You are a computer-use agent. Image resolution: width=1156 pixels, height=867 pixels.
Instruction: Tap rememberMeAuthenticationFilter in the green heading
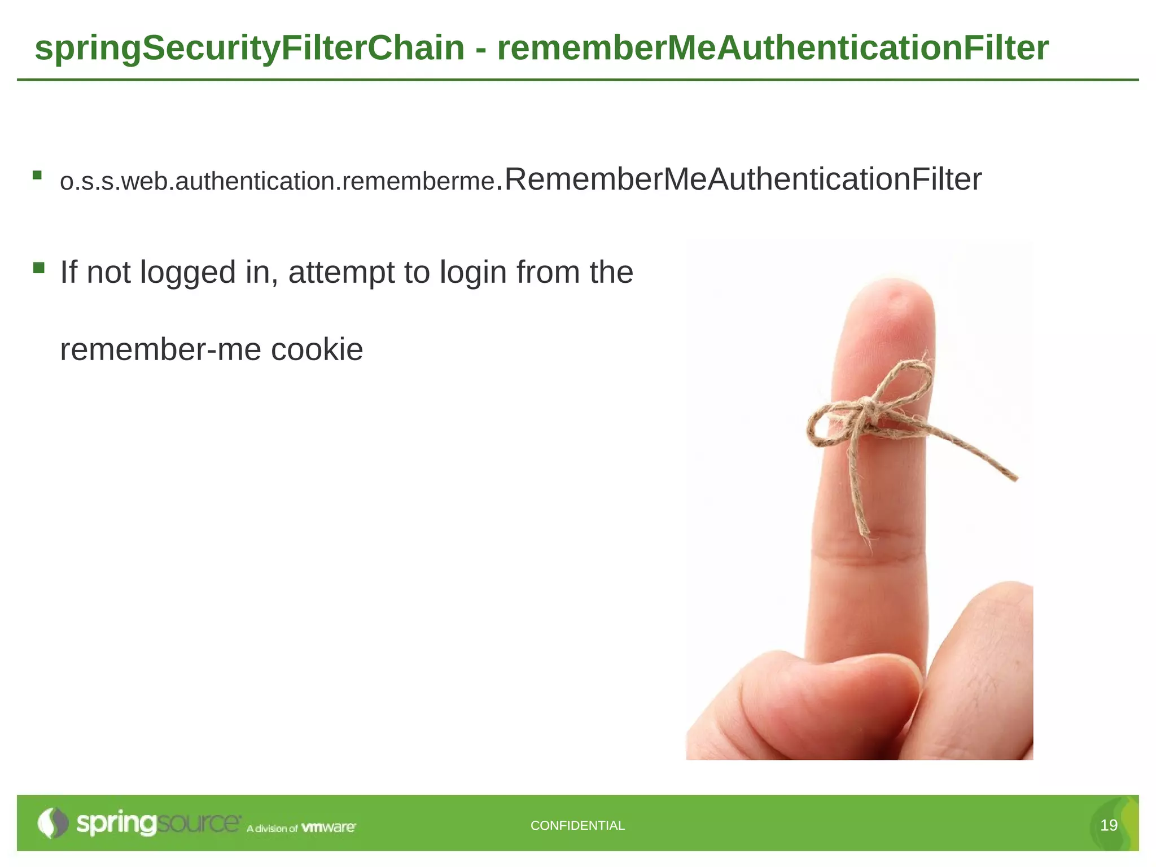point(772,48)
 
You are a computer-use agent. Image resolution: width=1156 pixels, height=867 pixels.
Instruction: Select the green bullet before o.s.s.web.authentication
point(37,175)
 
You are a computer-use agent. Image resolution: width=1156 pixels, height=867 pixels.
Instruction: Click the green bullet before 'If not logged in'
point(38,268)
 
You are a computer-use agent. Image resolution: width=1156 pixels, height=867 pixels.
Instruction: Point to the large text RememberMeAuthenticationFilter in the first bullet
point(742,179)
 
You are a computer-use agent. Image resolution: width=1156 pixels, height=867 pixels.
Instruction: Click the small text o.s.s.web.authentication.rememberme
point(277,182)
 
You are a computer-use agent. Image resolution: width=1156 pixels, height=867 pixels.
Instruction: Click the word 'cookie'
point(317,349)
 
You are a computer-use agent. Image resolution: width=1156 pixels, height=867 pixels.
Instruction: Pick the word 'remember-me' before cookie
point(160,349)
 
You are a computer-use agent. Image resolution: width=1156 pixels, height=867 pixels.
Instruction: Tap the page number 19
point(1109,825)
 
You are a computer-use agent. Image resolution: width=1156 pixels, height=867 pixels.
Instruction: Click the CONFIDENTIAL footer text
point(577,825)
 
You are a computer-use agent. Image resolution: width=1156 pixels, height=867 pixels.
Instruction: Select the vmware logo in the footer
point(329,827)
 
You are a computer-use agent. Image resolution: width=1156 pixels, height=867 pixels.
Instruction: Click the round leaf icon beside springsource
point(52,823)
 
